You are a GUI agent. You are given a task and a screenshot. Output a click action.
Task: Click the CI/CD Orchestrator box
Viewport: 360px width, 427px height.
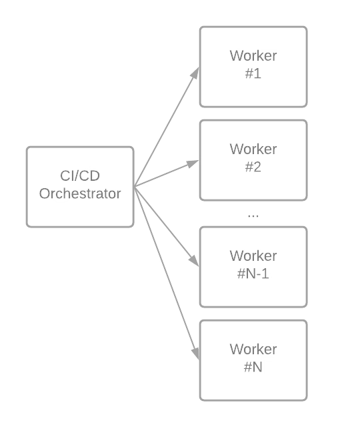tap(80, 187)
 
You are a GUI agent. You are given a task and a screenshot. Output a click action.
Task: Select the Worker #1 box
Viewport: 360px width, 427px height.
tap(253, 67)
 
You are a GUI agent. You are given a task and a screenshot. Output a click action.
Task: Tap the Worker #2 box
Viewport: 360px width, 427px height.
tap(253, 160)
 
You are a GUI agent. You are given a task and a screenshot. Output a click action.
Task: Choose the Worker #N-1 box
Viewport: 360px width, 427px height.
tap(253, 267)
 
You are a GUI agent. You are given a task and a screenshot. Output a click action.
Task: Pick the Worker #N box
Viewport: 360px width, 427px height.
tap(253, 360)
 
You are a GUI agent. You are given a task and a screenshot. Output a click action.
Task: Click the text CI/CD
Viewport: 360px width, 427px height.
tap(80, 176)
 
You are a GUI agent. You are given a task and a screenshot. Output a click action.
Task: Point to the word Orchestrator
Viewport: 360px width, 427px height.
tap(80, 194)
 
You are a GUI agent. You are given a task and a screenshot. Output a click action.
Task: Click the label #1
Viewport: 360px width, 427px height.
tap(253, 73)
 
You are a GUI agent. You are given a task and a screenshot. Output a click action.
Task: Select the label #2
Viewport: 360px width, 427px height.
tap(253, 167)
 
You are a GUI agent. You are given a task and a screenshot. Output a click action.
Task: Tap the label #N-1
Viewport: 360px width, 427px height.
tap(253, 274)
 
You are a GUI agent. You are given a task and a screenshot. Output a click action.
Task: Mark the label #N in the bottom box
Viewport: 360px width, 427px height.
tap(253, 367)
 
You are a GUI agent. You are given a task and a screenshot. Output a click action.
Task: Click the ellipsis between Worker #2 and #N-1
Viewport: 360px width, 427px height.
tap(253, 216)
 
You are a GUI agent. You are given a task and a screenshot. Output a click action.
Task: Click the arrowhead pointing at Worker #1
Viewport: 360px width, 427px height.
tap(197, 71)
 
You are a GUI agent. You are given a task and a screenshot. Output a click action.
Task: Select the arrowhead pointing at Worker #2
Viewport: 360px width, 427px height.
tap(195, 162)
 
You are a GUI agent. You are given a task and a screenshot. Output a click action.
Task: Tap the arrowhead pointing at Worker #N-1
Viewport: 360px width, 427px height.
tap(195, 263)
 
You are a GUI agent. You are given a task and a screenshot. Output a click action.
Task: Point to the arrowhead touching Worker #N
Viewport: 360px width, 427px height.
tap(197, 355)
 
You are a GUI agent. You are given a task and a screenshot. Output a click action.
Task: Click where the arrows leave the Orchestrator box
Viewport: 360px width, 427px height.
tap(135, 187)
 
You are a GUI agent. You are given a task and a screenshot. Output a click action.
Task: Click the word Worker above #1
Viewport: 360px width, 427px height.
tap(253, 55)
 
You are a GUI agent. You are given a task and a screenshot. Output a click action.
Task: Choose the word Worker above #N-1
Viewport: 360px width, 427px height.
tap(253, 256)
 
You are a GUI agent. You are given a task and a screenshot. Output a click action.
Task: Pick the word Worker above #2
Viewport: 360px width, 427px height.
tap(253, 149)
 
